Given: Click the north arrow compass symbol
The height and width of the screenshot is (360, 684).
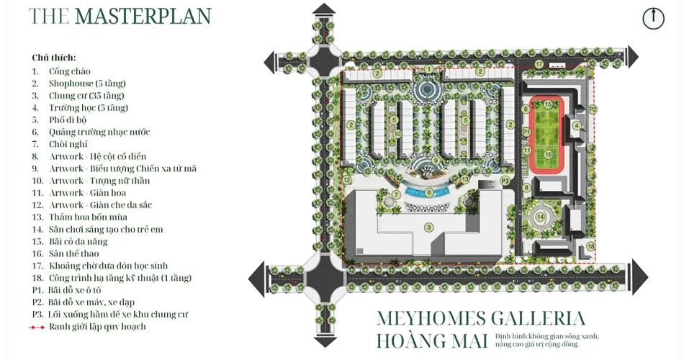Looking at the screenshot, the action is (653, 19).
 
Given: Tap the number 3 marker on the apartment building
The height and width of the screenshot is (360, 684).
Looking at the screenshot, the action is (429, 228).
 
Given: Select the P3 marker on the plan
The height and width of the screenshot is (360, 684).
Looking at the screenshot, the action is (505, 181).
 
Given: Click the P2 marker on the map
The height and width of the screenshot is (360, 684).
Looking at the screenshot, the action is (592, 109).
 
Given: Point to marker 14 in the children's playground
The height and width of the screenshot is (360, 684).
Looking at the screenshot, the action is (541, 217).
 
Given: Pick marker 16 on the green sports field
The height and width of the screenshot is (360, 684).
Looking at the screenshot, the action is (549, 154).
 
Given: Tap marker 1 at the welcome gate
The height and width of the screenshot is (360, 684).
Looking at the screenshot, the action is (429, 69).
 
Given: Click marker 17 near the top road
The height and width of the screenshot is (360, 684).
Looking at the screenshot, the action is (539, 64).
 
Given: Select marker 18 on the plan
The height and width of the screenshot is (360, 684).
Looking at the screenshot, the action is (590, 246).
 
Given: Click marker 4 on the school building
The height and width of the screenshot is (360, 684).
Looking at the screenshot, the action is (577, 126).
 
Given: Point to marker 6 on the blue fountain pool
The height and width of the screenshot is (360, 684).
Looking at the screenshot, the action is (429, 192).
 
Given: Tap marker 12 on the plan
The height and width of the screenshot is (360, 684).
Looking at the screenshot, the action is (347, 180).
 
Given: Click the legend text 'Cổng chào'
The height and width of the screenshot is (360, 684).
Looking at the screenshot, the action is (70, 71).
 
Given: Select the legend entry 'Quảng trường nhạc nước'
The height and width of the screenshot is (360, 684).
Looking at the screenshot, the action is (99, 132).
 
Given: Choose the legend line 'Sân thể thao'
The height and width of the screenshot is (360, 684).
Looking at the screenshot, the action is (73, 253).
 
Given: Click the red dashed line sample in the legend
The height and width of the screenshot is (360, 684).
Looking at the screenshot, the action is (37, 327).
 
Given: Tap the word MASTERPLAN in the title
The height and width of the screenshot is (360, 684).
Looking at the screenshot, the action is (143, 16).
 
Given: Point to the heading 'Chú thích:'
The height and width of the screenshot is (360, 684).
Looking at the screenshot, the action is (54, 58).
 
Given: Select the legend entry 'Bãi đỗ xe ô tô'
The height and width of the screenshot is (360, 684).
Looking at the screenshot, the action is (75, 290).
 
